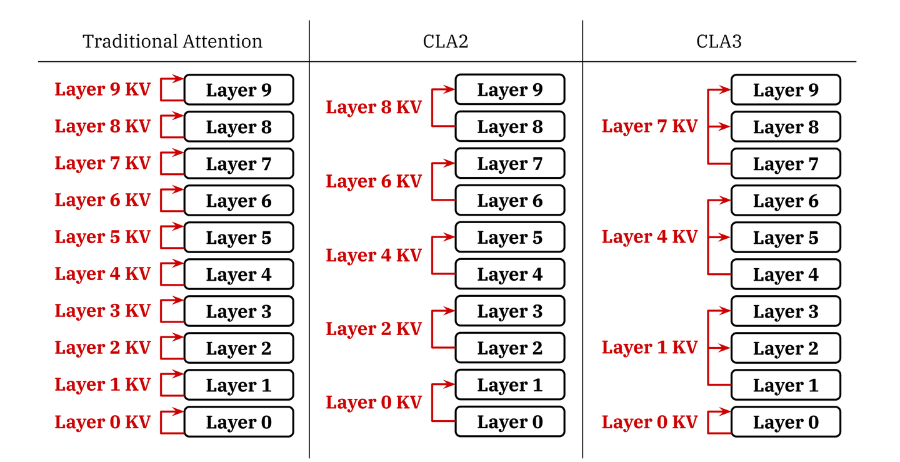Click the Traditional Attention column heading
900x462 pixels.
pos(172,42)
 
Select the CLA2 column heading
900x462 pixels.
pos(446,42)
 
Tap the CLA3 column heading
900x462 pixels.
pos(719,42)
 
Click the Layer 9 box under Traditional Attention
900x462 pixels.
pos(239,90)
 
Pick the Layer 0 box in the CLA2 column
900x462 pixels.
pos(509,422)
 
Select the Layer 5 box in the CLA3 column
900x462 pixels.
pos(786,238)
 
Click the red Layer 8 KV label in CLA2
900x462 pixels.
pos(374,108)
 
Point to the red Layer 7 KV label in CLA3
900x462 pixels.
pos(649,126)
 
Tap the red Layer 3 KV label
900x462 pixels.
pos(102,311)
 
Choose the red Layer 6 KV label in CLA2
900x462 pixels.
pos(374,181)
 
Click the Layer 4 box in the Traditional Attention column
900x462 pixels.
pos(239,274)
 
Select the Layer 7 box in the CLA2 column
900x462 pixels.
pos(509,164)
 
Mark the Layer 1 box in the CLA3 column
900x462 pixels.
pos(786,385)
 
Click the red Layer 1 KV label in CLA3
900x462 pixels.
pos(649,348)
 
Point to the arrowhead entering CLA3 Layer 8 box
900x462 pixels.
pos(726,127)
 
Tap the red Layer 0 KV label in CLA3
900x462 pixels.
pos(649,422)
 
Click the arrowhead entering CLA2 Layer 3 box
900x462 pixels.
pos(450,310)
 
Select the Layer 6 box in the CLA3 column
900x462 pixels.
pos(786,201)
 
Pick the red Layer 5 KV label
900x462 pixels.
pos(102,237)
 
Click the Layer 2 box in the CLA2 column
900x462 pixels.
pos(509,348)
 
